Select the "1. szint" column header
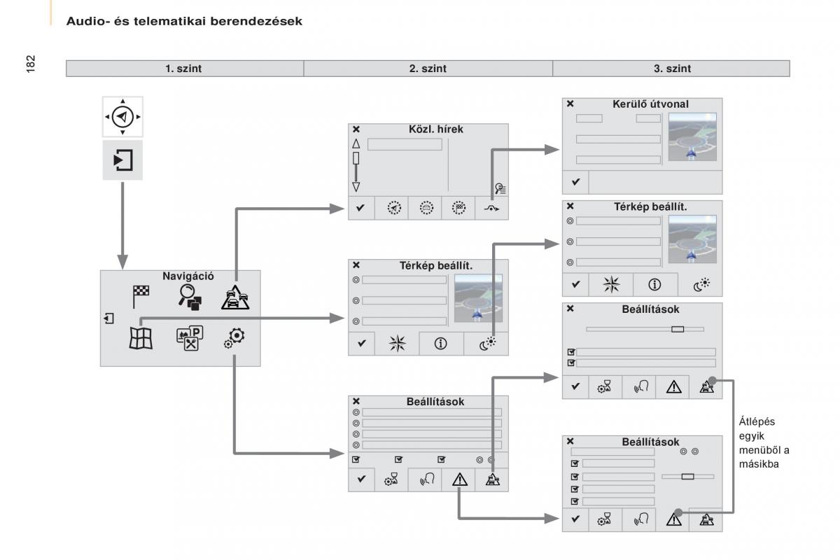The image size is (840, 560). (x=185, y=69)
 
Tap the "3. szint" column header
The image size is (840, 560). (x=671, y=69)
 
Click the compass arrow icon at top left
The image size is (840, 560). (x=122, y=116)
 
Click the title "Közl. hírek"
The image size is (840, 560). (x=436, y=129)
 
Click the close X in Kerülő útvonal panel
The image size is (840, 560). (x=570, y=104)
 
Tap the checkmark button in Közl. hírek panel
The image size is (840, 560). (x=360, y=209)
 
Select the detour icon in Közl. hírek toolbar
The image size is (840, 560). (x=492, y=209)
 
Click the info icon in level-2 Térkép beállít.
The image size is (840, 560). (x=442, y=344)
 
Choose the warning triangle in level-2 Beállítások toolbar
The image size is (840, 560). (x=459, y=479)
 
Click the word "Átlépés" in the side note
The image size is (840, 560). (x=757, y=421)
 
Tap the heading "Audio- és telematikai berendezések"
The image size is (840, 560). (x=184, y=22)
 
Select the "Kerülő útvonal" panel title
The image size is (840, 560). (x=650, y=104)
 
